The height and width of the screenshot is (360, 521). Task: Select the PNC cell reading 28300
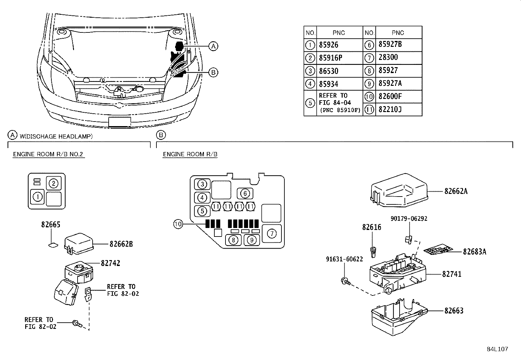[x=388, y=57]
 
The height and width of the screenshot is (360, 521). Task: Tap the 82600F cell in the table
[x=390, y=96]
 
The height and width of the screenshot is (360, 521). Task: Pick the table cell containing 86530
[x=329, y=71]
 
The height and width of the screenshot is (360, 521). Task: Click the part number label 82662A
[x=456, y=191]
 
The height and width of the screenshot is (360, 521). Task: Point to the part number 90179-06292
[x=409, y=218]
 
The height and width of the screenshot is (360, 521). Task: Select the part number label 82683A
[x=474, y=252]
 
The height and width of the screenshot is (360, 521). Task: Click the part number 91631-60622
[x=344, y=259]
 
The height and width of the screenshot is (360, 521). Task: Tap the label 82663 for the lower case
[x=454, y=311]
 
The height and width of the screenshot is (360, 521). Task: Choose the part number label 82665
[x=51, y=225]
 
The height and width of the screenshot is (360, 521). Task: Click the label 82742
[x=110, y=263]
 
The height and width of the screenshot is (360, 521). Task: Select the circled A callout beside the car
[x=213, y=46]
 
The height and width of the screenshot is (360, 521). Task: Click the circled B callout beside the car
[x=213, y=72]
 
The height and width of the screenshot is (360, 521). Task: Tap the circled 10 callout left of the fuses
[x=178, y=224]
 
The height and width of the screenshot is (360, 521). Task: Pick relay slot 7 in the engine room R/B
[x=272, y=233]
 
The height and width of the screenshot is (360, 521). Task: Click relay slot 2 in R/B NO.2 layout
[x=54, y=183]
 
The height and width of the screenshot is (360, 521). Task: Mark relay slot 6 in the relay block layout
[x=245, y=194]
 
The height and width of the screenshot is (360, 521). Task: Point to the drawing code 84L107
[x=497, y=349]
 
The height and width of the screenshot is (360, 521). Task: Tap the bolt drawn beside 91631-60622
[x=345, y=280]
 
